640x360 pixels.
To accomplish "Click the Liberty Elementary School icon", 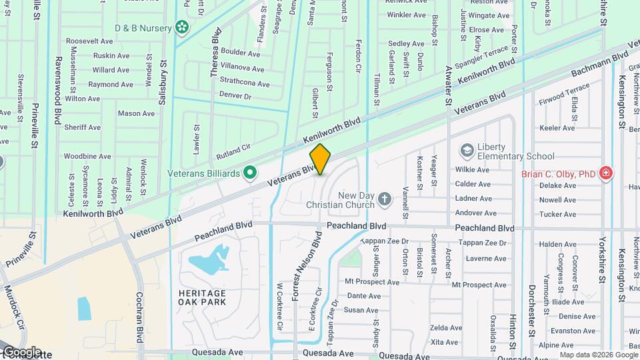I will (467, 150).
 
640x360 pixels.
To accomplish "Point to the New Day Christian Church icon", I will (384, 199).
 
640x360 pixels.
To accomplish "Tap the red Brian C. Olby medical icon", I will (605, 174).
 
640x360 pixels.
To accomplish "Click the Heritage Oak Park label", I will (202, 297).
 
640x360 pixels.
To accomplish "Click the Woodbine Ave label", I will (87, 156).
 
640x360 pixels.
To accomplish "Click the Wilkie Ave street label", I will (473, 170).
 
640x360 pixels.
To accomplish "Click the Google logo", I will (22, 352).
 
